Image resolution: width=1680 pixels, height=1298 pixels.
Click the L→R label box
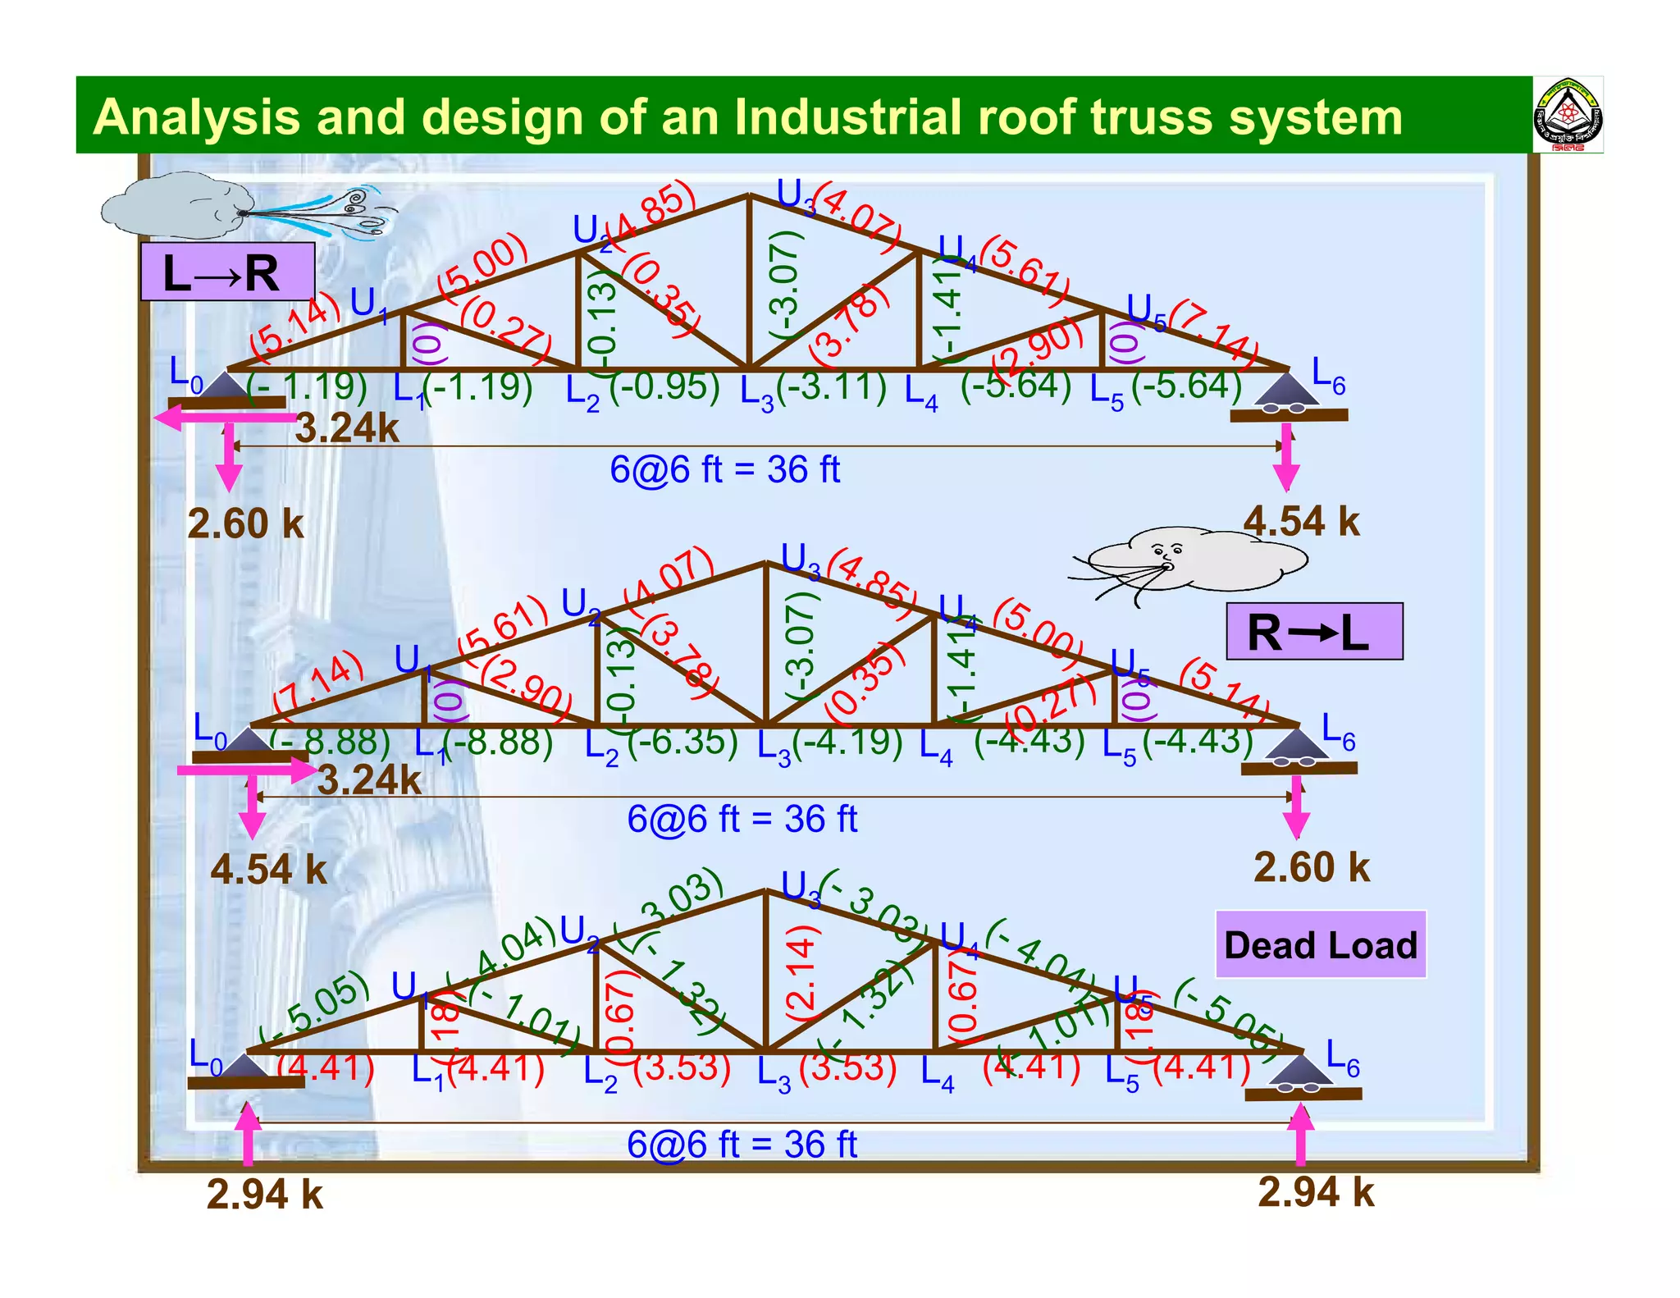point(227,272)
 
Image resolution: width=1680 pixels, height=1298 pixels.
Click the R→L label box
point(1314,631)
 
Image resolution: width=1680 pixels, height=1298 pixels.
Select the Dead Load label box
point(1320,944)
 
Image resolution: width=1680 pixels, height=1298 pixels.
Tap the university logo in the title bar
point(1568,115)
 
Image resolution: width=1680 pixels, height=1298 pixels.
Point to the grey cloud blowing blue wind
point(176,206)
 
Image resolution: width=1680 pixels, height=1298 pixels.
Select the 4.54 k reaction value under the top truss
point(1301,521)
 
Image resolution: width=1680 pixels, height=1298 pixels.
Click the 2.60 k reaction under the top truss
point(245,523)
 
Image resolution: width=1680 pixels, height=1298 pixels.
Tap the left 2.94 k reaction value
point(264,1194)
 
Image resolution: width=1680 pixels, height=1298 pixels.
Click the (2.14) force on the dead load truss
point(801,971)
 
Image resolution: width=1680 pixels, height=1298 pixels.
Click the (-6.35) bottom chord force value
point(682,741)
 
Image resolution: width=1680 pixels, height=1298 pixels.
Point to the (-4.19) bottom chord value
point(847,741)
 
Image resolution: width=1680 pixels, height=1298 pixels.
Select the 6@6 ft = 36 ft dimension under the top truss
point(724,470)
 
